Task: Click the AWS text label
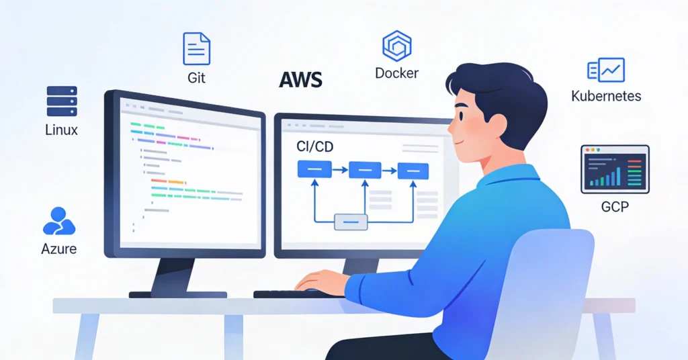pos(300,80)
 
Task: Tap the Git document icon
pos(196,48)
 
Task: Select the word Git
pos(196,78)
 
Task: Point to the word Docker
pos(396,73)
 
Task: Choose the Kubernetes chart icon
pos(605,70)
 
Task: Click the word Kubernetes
pos(605,96)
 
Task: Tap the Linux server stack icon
pos(62,101)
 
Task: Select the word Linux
pos(61,130)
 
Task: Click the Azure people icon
pos(58,220)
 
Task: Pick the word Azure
pos(59,249)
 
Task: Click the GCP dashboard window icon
pos(614,169)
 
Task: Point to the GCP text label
pos(614,206)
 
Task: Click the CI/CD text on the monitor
pos(315,146)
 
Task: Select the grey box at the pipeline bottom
pos(351,222)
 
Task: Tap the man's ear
pos(498,125)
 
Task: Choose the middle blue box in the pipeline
pos(365,170)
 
